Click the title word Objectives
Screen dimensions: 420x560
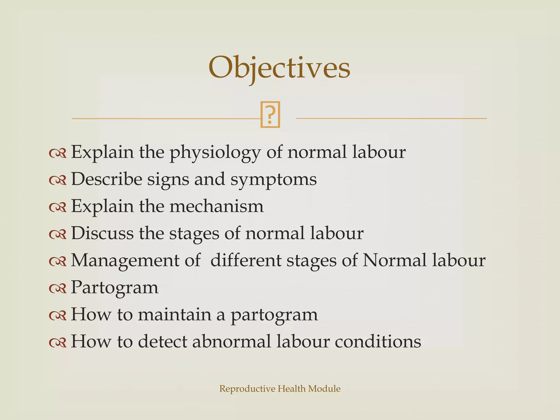coord(279,68)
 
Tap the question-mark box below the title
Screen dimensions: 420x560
coord(270,115)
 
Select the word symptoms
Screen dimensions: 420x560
coord(273,179)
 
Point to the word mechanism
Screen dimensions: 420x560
coord(216,206)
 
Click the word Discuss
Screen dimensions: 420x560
coord(102,233)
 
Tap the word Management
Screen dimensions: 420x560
coord(125,260)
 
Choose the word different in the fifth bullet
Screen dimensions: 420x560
coord(246,260)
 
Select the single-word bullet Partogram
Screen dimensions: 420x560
coord(115,287)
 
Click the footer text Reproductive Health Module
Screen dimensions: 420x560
coord(280,389)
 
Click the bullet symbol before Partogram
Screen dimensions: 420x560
coord(58,288)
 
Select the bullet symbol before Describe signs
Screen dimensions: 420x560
coord(58,180)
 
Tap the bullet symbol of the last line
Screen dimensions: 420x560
coord(58,342)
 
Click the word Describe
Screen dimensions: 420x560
coord(107,179)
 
